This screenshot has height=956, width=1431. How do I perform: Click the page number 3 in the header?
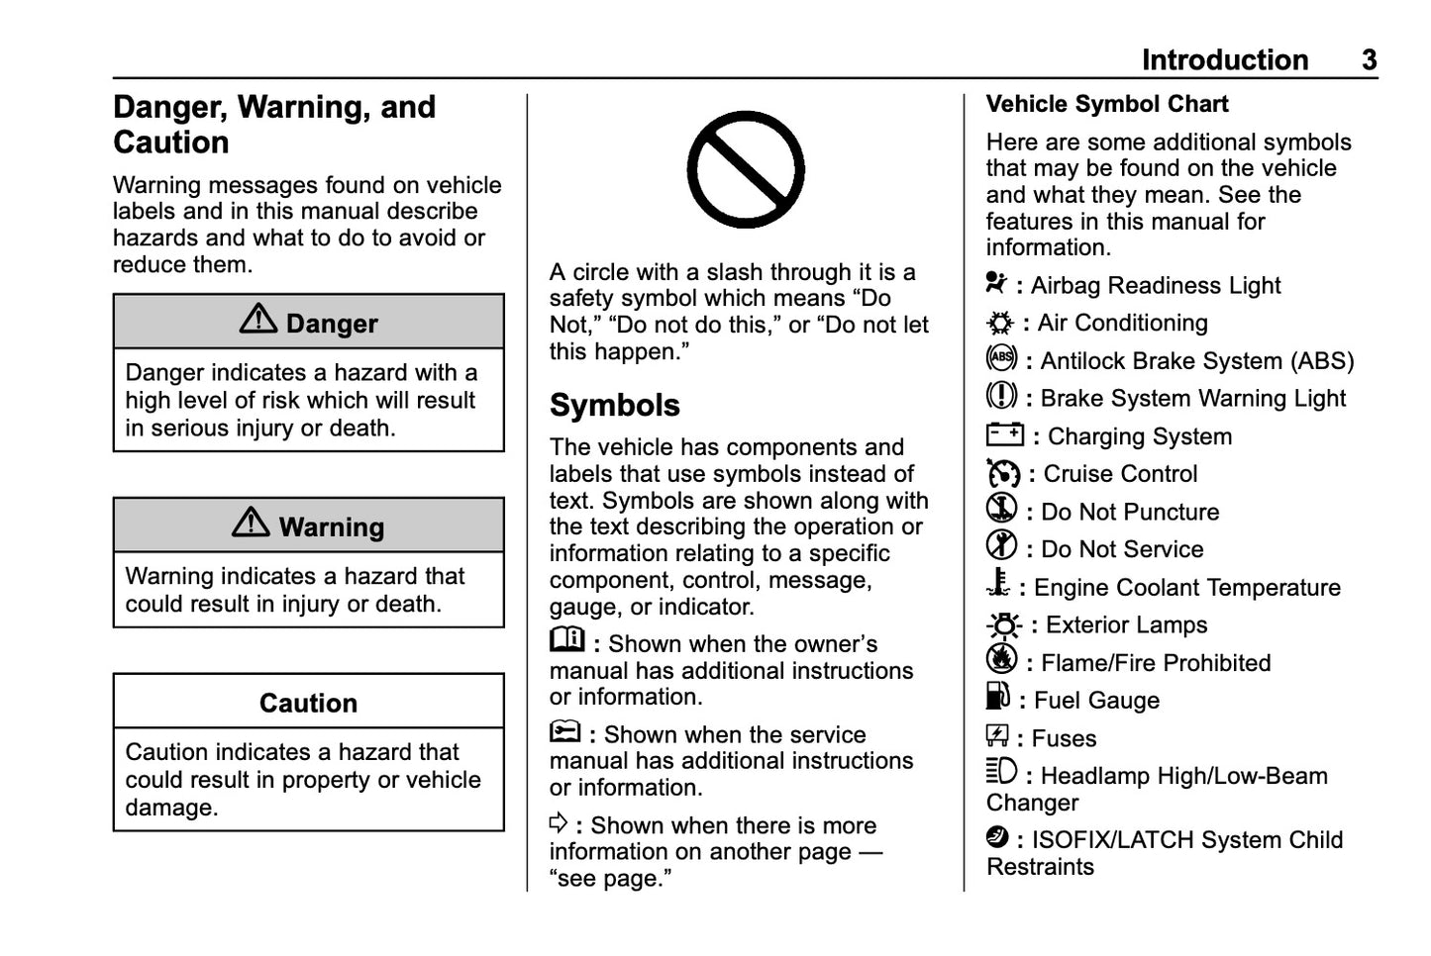pyautogui.click(x=1369, y=60)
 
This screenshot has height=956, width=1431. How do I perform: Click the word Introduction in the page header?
pyautogui.click(x=1224, y=60)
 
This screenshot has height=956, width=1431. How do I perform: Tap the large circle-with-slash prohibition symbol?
pyautogui.click(x=745, y=169)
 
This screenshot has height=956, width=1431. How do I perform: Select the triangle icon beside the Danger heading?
pyautogui.click(x=258, y=319)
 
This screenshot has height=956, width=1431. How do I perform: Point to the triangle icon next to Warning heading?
pyautogui.click(x=251, y=523)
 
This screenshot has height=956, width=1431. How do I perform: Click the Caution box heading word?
pyautogui.click(x=308, y=703)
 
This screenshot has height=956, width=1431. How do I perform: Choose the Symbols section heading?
pyautogui.click(x=614, y=405)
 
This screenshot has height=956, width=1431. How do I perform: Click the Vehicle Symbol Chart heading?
pyautogui.click(x=1106, y=104)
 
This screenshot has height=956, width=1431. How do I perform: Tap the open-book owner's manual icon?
pyautogui.click(x=567, y=640)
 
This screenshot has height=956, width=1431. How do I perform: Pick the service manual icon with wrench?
pyautogui.click(x=564, y=732)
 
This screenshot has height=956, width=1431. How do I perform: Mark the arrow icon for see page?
pyautogui.click(x=559, y=822)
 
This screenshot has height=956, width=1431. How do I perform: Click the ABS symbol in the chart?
pyautogui.click(x=1001, y=357)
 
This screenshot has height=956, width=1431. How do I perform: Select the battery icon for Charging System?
pyautogui.click(x=1004, y=434)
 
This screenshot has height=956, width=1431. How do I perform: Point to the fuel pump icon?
pyautogui.click(x=997, y=697)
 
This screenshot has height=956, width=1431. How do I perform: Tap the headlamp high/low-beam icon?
pyautogui.click(x=1001, y=771)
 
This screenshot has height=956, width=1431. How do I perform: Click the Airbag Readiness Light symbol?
pyautogui.click(x=996, y=283)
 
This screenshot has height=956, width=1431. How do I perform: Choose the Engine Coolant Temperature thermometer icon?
pyautogui.click(x=998, y=584)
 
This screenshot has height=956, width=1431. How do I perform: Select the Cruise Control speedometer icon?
pyautogui.click(x=1002, y=473)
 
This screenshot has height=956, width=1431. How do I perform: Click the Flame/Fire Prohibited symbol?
pyautogui.click(x=1001, y=659)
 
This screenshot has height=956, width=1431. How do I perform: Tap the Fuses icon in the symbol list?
pyautogui.click(x=996, y=735)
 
